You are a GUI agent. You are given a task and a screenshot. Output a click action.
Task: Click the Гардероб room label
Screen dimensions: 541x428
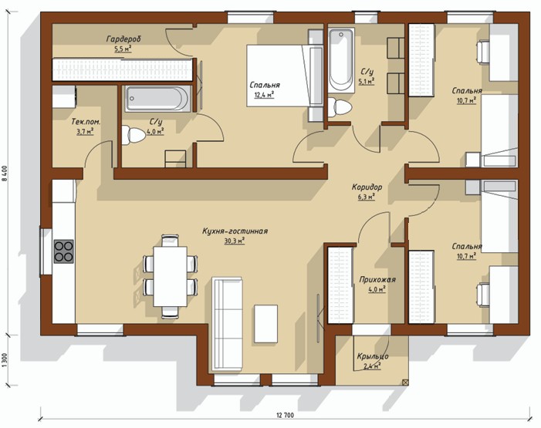[x=123, y=39]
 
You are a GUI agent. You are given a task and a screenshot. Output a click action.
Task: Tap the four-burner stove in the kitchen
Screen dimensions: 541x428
[x=63, y=251]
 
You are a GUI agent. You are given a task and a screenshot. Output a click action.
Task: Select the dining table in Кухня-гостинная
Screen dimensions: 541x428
[x=171, y=276]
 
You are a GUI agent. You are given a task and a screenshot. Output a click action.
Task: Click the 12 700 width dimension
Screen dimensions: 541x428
[x=285, y=415]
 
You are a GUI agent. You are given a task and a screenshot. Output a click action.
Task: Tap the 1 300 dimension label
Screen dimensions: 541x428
[x=4, y=360]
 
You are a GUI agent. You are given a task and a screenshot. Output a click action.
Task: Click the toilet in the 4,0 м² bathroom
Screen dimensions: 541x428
[x=134, y=135]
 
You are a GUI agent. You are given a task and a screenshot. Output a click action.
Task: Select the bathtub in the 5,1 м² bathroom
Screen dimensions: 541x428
[x=341, y=60]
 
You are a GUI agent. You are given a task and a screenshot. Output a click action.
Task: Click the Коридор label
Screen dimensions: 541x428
[x=367, y=187]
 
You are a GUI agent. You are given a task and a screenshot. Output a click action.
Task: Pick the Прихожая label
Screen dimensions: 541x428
[x=377, y=279]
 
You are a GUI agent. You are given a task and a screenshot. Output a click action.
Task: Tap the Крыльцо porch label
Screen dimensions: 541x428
[x=373, y=356]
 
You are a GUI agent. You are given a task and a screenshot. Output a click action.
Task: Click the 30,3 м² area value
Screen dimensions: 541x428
[x=235, y=241]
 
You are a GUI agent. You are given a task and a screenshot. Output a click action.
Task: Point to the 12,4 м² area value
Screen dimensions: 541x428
[x=264, y=95]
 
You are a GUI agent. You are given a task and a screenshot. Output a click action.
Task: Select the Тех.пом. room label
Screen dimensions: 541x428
[x=86, y=122]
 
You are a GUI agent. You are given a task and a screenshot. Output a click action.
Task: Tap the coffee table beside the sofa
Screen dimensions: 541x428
[x=266, y=324]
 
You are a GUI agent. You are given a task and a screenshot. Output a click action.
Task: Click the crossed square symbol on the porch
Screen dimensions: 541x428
[x=405, y=382]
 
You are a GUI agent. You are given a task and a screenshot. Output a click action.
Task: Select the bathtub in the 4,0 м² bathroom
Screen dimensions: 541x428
[x=157, y=99]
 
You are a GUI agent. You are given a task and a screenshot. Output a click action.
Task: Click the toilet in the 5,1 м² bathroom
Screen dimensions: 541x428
[x=340, y=108]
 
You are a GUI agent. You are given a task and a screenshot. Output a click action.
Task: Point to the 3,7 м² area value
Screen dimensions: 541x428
[x=85, y=131]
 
